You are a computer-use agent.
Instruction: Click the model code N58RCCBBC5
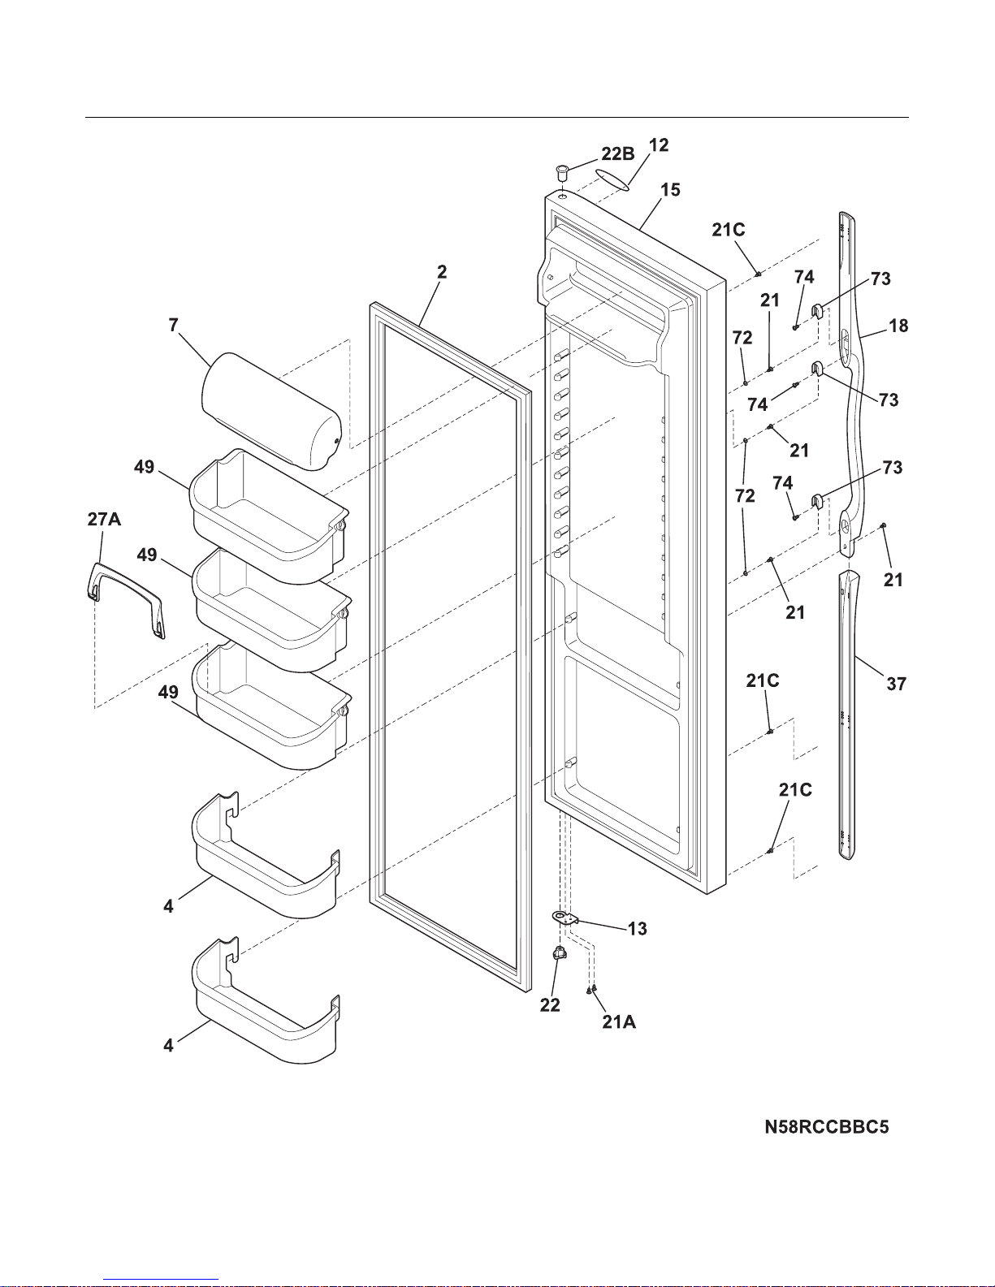(x=827, y=1127)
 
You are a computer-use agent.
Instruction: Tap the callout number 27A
(x=104, y=520)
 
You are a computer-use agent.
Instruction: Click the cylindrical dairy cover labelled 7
(x=270, y=412)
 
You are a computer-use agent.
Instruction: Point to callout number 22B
(x=618, y=153)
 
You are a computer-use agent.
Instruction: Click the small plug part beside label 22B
(x=561, y=172)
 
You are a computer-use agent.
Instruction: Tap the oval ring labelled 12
(x=612, y=179)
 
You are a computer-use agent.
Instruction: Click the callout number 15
(x=670, y=190)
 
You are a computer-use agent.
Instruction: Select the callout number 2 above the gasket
(x=441, y=272)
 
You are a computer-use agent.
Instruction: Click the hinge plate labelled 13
(x=565, y=918)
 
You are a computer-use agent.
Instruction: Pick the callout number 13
(x=638, y=929)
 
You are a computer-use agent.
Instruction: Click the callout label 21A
(x=619, y=1022)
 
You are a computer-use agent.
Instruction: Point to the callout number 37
(x=896, y=684)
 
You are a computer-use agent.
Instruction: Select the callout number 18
(x=898, y=326)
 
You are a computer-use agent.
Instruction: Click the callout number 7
(x=173, y=326)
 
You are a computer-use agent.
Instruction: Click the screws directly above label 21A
(x=592, y=989)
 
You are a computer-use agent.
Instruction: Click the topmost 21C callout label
(x=728, y=230)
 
